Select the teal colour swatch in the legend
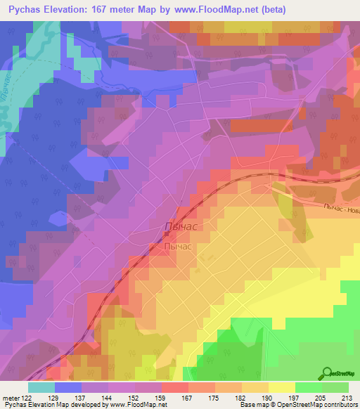click(x=41, y=387)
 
